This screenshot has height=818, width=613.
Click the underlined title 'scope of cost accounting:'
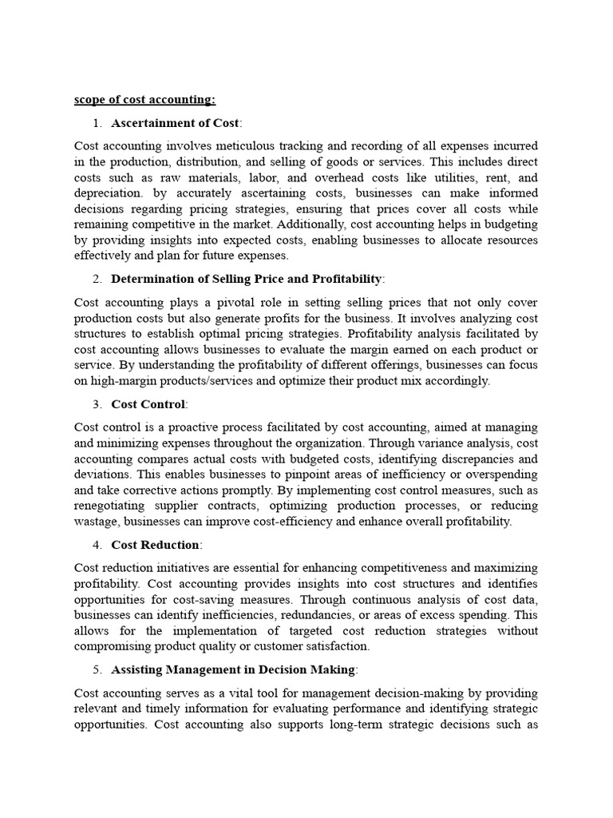coord(144,99)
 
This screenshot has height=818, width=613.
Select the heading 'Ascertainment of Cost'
coord(175,122)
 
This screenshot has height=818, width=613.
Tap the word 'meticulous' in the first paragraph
coord(250,146)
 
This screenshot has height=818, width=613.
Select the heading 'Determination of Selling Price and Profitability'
coord(247,279)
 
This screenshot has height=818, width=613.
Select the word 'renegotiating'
coord(113,506)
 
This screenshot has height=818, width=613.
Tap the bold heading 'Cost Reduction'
coord(156,545)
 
